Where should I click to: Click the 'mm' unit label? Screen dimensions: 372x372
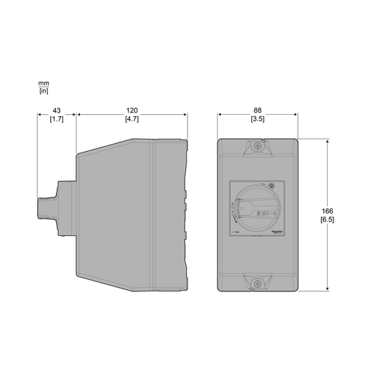(44, 84)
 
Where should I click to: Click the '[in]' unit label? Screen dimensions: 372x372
(44, 92)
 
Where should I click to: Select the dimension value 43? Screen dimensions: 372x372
(57, 110)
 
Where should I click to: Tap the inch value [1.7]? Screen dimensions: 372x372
(57, 119)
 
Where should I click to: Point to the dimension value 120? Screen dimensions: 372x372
(132, 110)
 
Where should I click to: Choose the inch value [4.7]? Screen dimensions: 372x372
(132, 119)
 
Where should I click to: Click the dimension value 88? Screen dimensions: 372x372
(257, 110)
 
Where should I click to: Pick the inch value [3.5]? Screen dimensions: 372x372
(257, 119)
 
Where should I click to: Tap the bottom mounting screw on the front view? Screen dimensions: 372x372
(258, 283)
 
